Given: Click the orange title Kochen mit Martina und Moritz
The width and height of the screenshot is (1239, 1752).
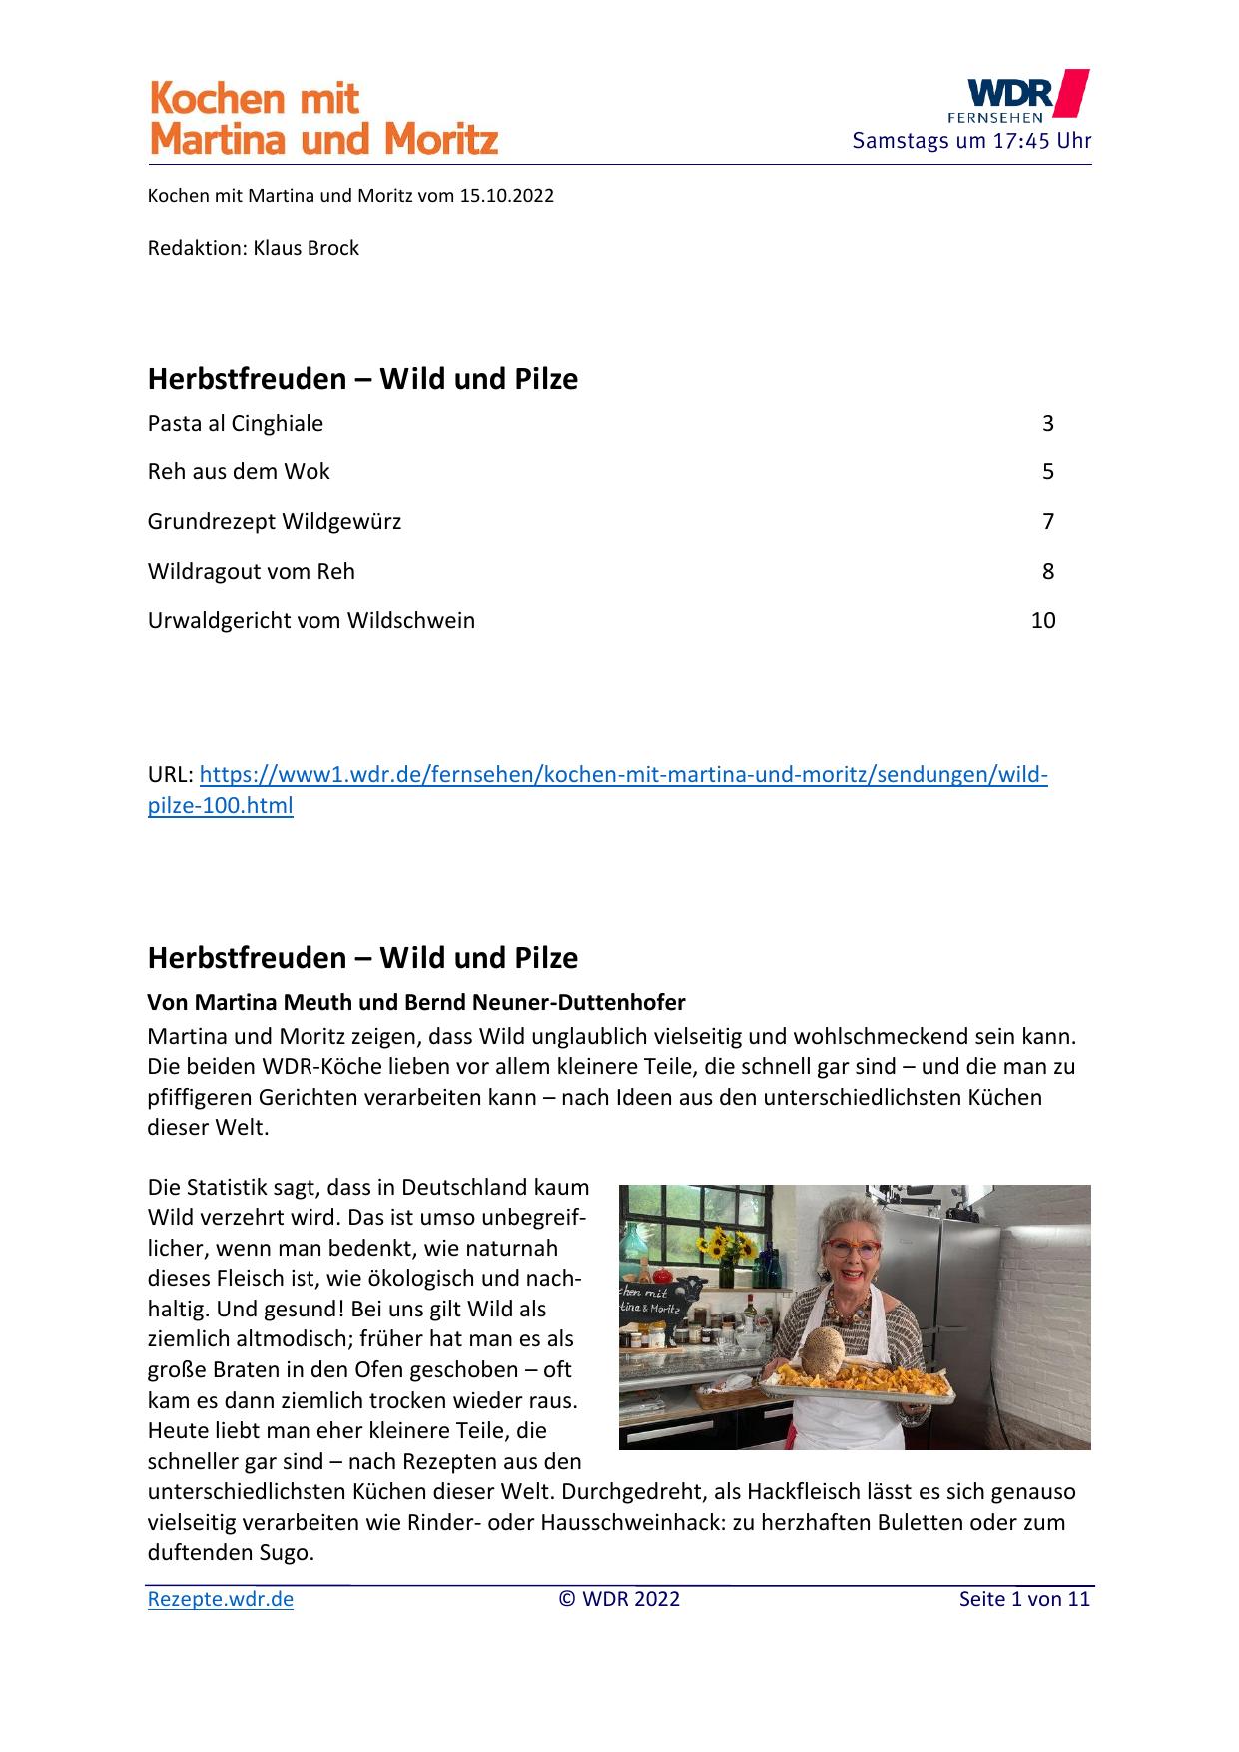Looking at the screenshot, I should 322,119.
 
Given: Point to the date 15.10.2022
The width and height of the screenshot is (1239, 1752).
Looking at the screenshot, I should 506,196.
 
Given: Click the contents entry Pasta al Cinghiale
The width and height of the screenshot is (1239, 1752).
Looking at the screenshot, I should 236,424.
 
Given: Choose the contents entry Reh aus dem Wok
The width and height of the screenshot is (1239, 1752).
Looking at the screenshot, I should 239,472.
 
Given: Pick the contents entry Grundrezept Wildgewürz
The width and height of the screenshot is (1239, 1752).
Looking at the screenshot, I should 275,521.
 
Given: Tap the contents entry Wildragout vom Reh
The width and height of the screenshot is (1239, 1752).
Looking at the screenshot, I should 252,571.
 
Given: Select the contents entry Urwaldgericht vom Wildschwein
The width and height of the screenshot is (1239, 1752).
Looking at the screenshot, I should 311,621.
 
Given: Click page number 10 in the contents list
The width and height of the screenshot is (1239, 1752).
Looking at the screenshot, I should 1042,621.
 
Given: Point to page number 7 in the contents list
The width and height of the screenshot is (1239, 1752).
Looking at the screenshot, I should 1047,521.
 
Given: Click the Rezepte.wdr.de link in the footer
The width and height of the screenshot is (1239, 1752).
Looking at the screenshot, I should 221,1599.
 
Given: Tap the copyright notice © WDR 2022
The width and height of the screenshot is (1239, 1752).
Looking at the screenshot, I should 619,1599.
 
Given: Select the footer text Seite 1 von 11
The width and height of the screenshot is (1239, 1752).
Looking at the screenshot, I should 1024,1599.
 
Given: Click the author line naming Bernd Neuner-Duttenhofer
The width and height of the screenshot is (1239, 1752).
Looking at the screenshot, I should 416,1002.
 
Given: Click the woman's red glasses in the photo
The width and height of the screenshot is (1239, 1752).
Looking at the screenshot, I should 851,1250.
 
